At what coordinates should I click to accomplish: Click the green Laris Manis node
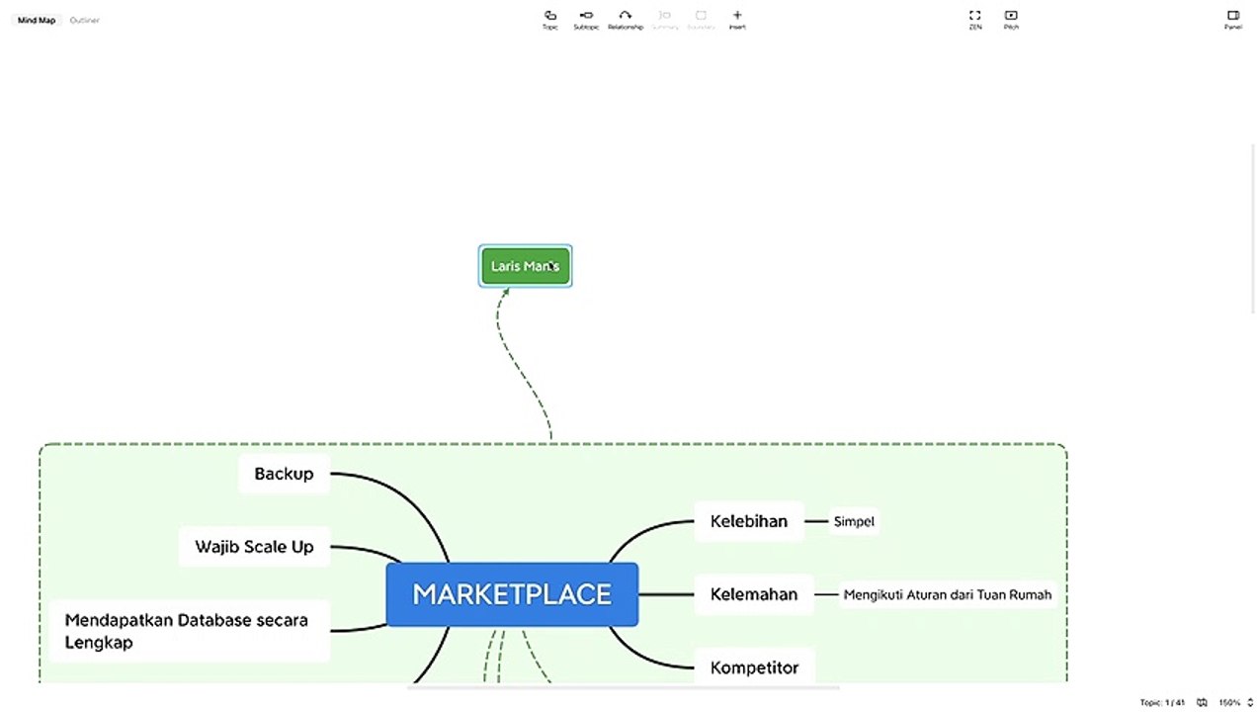(525, 266)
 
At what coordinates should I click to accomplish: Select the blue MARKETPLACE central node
(512, 594)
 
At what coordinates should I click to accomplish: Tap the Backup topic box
(284, 474)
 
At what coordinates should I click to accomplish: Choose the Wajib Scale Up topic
(254, 547)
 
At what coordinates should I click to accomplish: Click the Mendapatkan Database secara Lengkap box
(188, 631)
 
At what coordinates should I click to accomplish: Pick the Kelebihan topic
(749, 521)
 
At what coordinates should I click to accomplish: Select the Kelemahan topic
(753, 594)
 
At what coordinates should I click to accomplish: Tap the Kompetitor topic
(754, 667)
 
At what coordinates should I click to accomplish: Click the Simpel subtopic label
(854, 521)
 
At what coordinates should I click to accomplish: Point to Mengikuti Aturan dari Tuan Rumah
(947, 594)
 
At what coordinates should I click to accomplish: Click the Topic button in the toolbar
(550, 19)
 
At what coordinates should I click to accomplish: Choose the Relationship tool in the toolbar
(625, 19)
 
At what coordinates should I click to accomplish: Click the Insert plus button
(737, 19)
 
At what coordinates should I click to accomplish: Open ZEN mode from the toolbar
(975, 19)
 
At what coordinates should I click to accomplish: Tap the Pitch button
(1011, 19)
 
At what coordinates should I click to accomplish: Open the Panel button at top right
(1232, 19)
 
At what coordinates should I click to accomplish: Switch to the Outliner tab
(84, 20)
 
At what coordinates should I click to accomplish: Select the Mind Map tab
(37, 20)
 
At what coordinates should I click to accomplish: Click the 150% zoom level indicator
(1229, 702)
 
